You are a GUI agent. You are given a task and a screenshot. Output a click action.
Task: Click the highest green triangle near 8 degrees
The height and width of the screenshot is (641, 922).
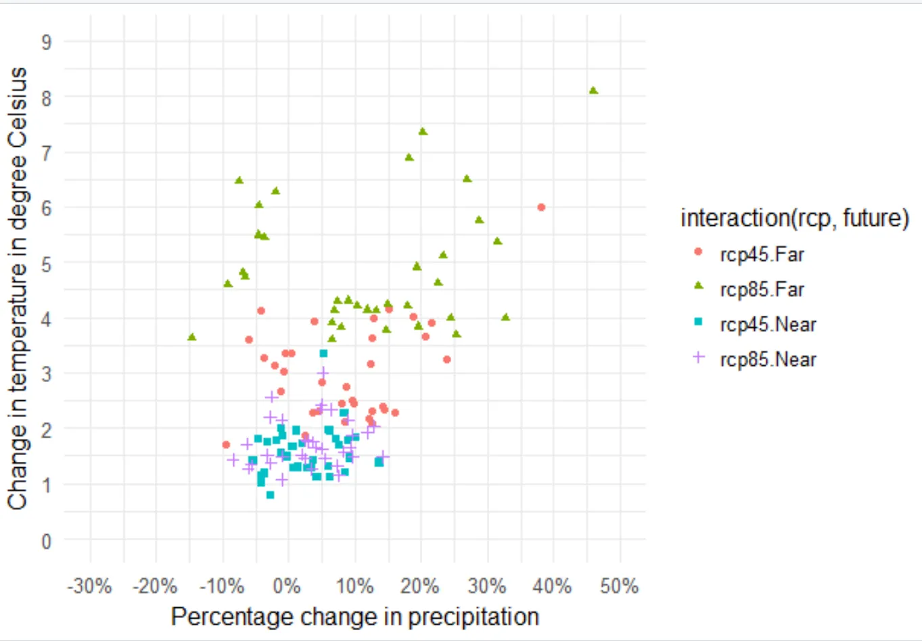(x=593, y=91)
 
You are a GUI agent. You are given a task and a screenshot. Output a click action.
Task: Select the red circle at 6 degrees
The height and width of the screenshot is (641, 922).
(x=541, y=208)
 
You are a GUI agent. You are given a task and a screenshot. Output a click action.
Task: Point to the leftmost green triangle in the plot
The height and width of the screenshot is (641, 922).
(x=192, y=337)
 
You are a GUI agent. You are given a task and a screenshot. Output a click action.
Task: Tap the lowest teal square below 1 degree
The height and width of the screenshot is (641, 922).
(x=271, y=495)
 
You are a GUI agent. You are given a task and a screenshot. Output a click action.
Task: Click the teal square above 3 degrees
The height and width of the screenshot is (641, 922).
(x=323, y=354)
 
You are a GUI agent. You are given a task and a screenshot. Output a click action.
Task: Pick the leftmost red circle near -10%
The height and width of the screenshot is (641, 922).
(x=226, y=445)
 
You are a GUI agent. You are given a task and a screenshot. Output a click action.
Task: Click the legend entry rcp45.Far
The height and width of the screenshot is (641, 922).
(x=762, y=255)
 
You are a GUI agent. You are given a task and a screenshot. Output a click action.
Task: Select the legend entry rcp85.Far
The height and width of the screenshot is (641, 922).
(x=762, y=290)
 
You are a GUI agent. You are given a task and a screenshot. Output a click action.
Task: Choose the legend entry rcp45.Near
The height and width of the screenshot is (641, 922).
(x=768, y=325)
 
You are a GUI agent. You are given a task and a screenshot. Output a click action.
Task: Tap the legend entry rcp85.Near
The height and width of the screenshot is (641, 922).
(x=768, y=360)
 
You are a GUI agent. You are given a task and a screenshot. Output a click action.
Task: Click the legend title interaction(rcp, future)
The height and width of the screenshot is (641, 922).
(x=794, y=218)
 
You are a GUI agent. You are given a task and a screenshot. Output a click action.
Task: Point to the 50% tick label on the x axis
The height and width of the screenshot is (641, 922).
(x=620, y=586)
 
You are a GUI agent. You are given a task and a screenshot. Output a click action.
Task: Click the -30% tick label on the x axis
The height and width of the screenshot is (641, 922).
(x=90, y=586)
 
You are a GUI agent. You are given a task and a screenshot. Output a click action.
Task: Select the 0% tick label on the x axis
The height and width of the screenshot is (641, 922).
(x=287, y=586)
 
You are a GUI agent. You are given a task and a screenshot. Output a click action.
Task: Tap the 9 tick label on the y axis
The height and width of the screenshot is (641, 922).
(x=46, y=42)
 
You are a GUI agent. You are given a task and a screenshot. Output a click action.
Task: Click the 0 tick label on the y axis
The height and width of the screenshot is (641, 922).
(x=46, y=541)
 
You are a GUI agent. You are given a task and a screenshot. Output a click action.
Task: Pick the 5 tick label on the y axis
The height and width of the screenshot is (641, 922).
(x=46, y=264)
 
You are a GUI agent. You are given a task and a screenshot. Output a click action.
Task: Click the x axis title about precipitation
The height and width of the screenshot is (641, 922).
(x=355, y=617)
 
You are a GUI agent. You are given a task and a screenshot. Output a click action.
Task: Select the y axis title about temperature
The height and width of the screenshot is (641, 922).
(x=18, y=287)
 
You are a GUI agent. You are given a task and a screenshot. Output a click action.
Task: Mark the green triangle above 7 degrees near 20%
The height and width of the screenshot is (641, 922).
(x=423, y=132)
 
